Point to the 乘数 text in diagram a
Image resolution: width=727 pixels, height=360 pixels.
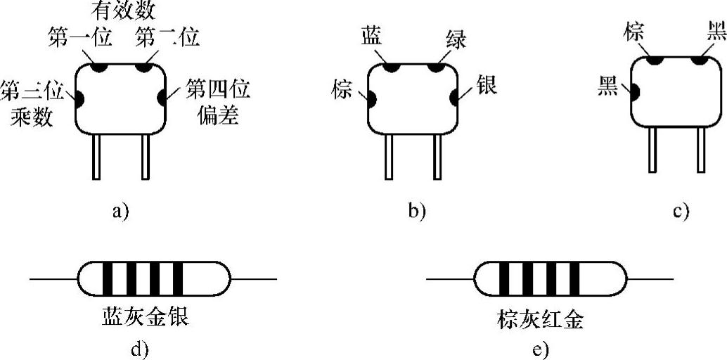pos(32,116)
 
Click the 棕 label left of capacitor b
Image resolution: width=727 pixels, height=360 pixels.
pos(342,90)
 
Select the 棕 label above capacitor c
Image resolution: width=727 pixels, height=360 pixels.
pos(636,32)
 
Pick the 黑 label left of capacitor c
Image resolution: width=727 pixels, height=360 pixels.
pos(607,86)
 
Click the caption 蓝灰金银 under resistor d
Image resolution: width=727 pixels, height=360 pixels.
pos(146,320)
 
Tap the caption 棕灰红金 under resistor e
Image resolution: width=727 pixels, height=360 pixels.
pos(539,321)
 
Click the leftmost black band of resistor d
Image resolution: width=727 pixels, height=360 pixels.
pos(109,278)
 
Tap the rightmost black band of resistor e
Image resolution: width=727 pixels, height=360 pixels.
pos(574,278)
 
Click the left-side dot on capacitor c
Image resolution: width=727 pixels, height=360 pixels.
pos(633,91)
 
